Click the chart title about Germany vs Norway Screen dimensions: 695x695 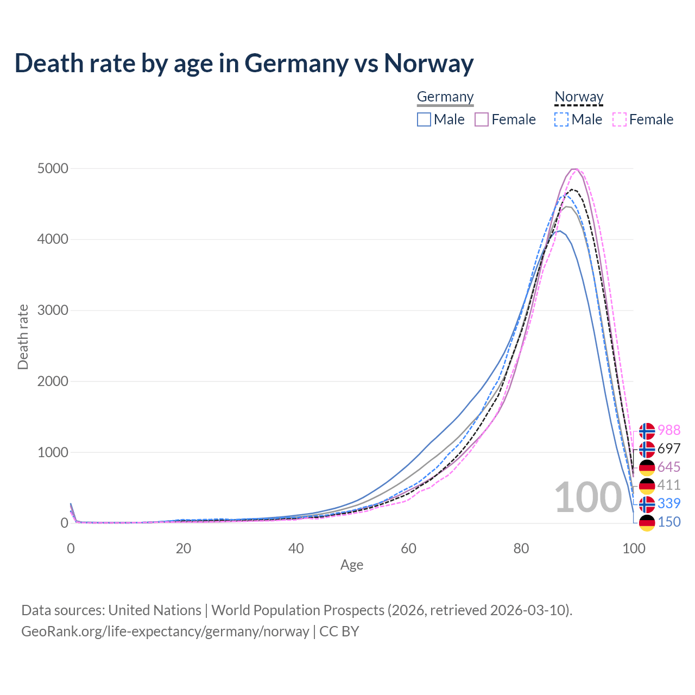tap(244, 63)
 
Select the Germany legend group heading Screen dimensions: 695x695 tap(445, 97)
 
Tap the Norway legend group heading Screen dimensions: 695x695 tap(579, 97)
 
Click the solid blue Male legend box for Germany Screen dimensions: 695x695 tap(424, 119)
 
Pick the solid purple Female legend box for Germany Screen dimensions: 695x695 tap(482, 119)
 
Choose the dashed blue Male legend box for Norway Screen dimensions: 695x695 tap(561, 119)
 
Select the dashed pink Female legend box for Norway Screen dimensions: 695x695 tap(620, 119)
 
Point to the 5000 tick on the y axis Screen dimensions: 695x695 tap(53, 168)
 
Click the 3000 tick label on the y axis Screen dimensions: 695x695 tap(53, 311)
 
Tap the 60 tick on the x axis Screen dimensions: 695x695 tap(408, 548)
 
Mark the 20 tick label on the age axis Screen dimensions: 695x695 tap(184, 548)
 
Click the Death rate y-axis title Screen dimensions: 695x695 tap(23, 337)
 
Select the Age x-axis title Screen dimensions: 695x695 tap(352, 565)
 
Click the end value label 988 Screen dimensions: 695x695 tap(669, 430)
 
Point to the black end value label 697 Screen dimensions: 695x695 tap(669, 448)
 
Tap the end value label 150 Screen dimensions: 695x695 tap(669, 522)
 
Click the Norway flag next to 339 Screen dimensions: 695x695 tap(647, 504)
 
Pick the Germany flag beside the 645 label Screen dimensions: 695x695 tap(647, 467)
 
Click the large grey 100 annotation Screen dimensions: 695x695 tap(588, 497)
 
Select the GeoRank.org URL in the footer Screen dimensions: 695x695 tap(165, 631)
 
